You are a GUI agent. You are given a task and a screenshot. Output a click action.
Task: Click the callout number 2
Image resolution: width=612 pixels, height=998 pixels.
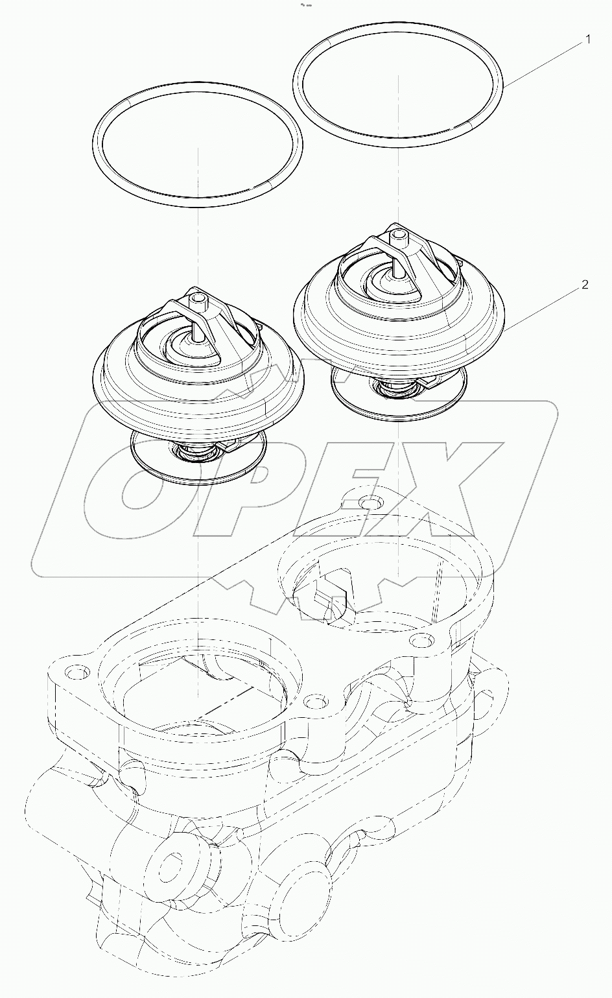pyautogui.click(x=585, y=284)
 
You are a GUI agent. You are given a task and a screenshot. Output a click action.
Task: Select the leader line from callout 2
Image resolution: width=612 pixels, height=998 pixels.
pyautogui.click(x=545, y=306)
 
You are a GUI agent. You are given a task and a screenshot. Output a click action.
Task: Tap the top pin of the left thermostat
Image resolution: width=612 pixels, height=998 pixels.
pyautogui.click(x=197, y=300)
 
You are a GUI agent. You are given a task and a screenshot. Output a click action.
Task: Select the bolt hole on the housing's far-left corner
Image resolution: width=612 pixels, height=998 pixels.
pyautogui.click(x=76, y=672)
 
